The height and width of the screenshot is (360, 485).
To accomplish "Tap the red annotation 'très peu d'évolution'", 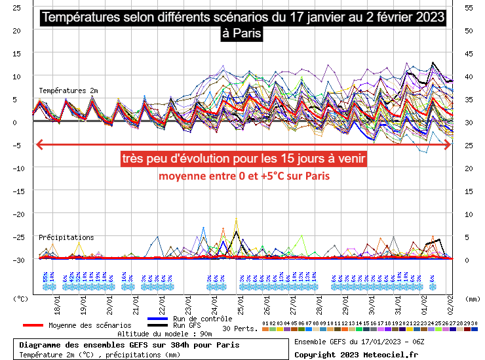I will point(243,159).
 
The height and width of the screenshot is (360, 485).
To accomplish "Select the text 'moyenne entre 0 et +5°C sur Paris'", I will point(242,176).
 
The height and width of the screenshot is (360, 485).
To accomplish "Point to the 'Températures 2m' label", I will point(68,90).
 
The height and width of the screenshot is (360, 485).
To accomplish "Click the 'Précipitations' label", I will point(66,237).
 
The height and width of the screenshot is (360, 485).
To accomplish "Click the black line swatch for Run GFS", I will point(157,325).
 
